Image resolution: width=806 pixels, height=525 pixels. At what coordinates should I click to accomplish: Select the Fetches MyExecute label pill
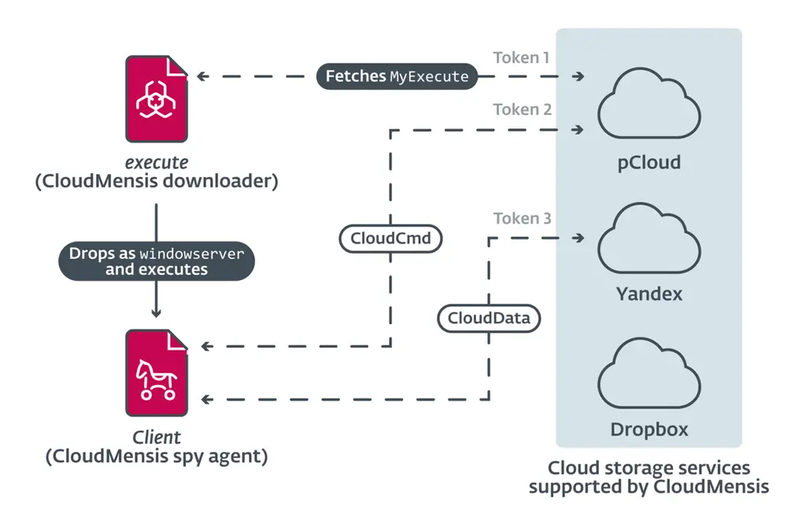397,76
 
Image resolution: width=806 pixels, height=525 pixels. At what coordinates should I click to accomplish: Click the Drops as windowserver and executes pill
157,262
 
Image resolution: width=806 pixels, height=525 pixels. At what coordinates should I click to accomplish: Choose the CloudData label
489,318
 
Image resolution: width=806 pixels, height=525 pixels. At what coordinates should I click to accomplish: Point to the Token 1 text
522,57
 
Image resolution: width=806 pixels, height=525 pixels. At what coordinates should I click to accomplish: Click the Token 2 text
522,109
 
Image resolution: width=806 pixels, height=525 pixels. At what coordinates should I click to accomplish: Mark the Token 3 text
522,218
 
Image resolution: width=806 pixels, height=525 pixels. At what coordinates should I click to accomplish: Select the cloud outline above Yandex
649,239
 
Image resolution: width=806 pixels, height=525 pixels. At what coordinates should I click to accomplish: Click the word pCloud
649,163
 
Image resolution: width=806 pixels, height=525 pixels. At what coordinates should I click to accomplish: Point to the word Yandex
649,294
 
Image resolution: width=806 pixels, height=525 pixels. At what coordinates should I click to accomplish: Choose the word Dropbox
649,430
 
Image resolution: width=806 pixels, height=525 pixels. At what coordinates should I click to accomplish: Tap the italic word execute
157,162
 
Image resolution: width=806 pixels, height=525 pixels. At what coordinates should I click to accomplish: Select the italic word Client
156,437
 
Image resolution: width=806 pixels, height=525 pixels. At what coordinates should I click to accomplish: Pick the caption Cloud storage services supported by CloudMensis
648,478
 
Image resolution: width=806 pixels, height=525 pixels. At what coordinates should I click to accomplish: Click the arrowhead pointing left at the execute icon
201,76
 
